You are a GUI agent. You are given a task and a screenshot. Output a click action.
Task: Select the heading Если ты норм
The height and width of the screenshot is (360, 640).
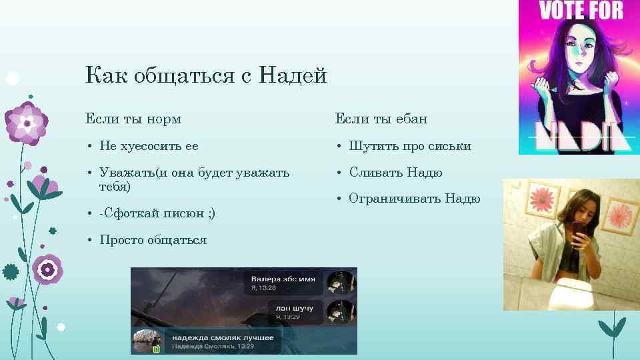point(133,119)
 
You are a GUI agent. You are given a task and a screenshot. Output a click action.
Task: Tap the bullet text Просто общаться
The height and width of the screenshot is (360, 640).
point(153,239)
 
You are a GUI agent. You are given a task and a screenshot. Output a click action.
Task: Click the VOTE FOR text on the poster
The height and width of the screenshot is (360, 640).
point(581,10)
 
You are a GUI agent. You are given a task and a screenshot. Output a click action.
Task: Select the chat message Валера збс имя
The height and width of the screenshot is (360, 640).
point(283,278)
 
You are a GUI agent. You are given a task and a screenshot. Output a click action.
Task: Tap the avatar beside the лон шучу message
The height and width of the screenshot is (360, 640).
point(340,311)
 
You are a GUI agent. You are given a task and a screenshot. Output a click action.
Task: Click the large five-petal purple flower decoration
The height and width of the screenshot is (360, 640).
point(26,123)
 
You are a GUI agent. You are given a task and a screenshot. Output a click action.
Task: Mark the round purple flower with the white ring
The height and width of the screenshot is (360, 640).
point(47,269)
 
